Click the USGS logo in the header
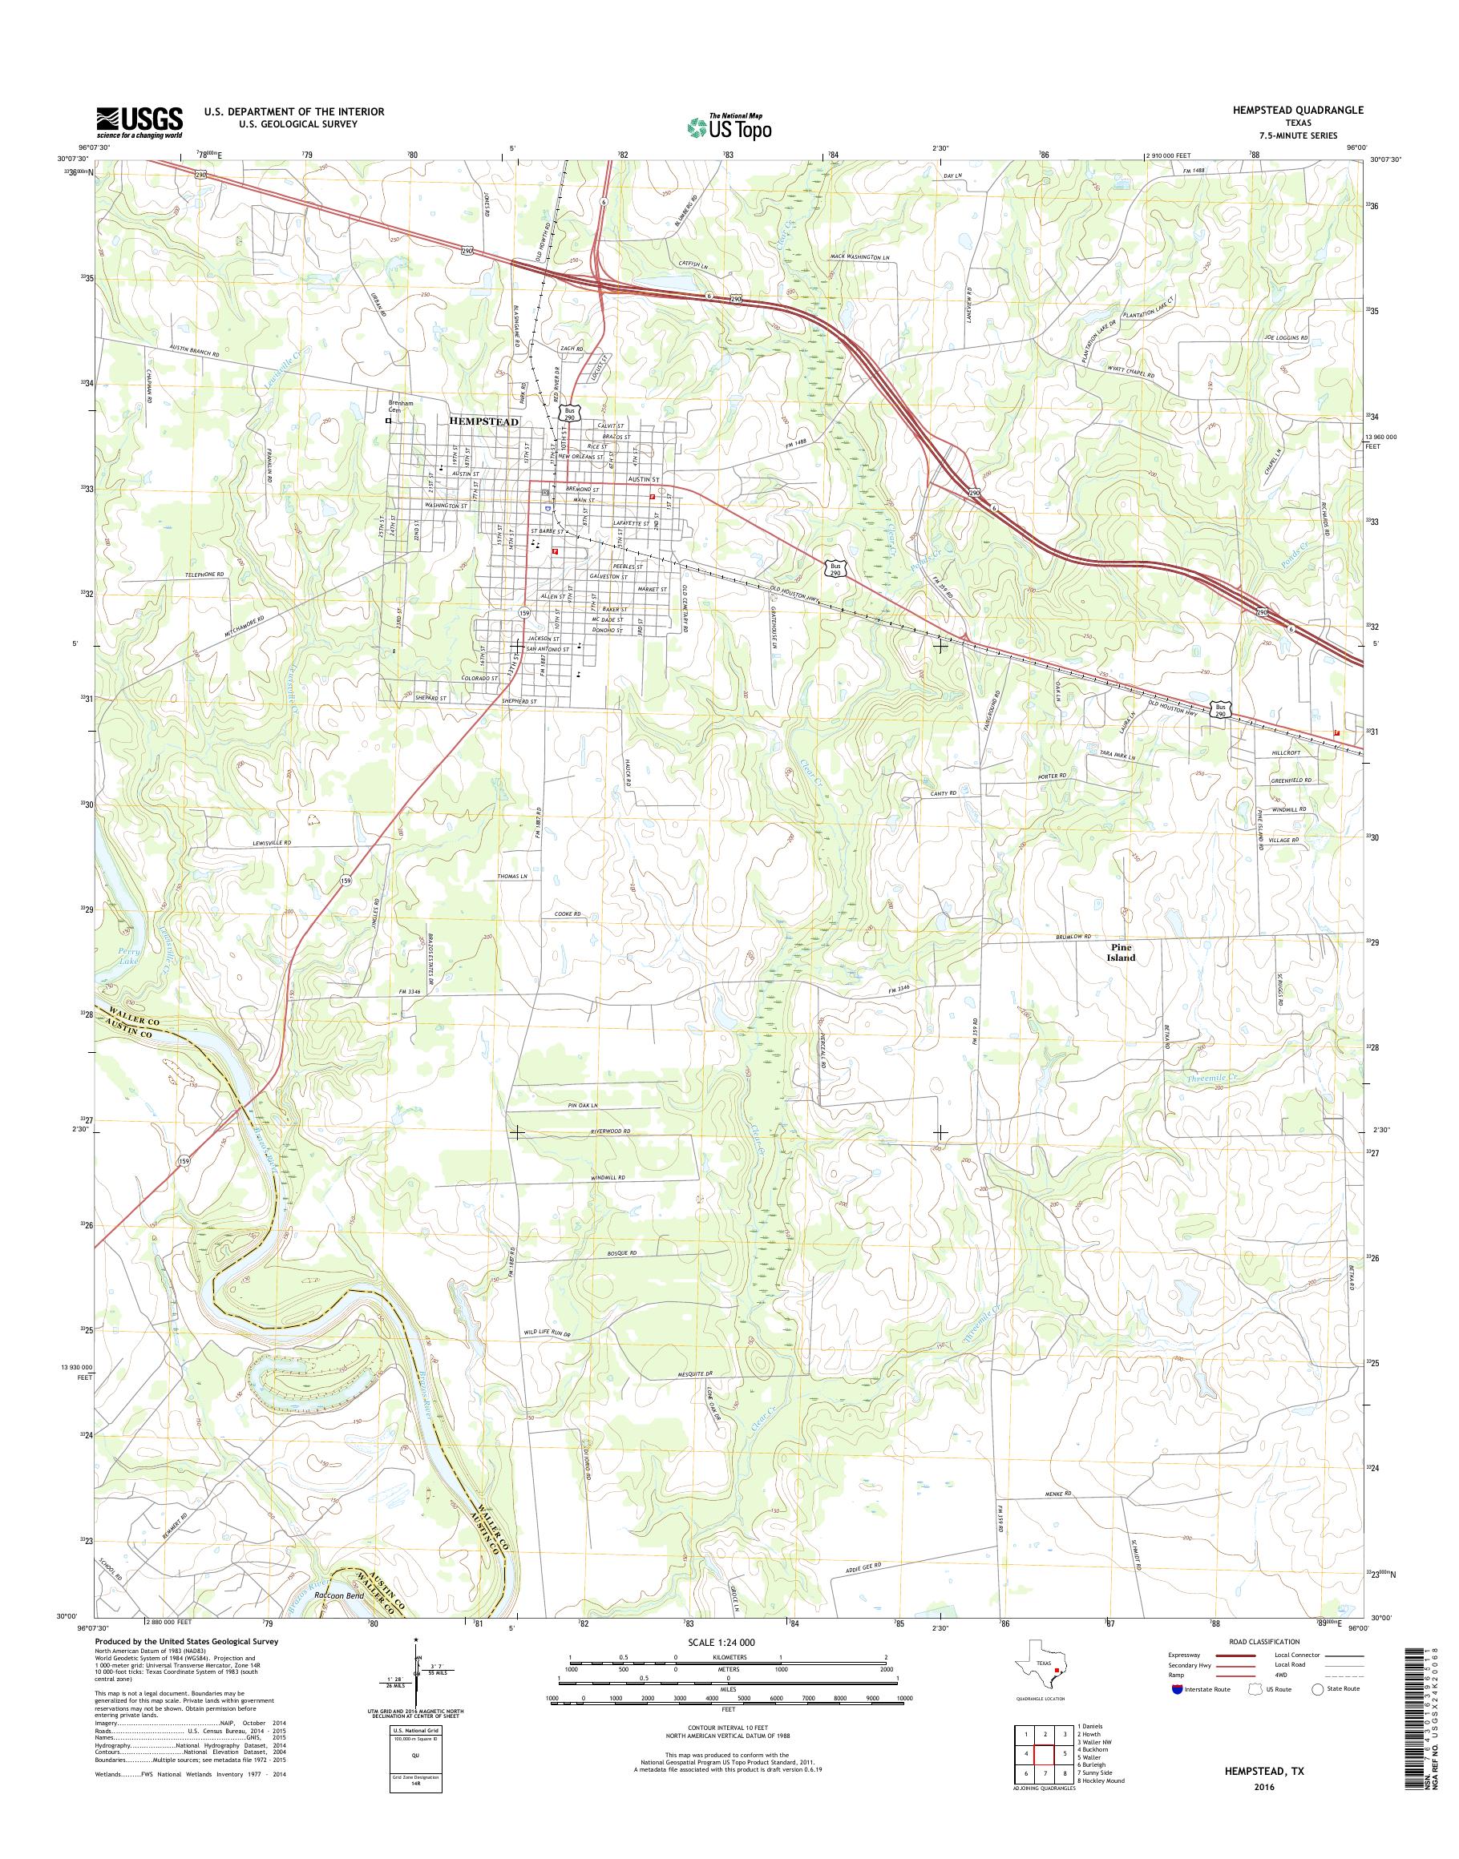139,122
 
